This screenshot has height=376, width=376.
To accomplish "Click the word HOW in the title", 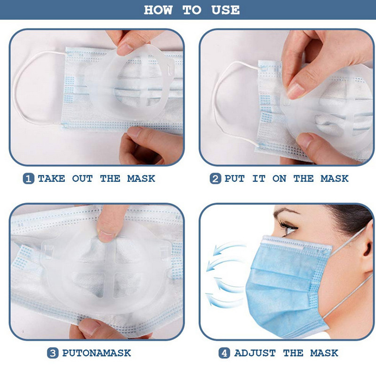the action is (x=158, y=10).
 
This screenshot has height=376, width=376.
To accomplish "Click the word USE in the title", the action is (x=226, y=10).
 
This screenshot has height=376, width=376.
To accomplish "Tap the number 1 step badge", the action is (x=29, y=179).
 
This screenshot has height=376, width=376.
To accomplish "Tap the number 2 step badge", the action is (x=215, y=179).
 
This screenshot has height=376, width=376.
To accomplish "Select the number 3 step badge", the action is (x=53, y=353).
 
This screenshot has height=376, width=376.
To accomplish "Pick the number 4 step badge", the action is (x=224, y=353).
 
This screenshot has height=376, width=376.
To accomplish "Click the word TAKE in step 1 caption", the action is (x=51, y=179).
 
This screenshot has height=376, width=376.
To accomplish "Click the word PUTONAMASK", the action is (x=96, y=353).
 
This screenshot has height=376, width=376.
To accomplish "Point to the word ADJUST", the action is (x=255, y=353).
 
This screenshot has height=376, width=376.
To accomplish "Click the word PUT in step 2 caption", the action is (x=235, y=179).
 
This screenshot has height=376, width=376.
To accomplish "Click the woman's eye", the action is (x=289, y=227).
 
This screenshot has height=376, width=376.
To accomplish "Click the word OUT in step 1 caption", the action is (x=82, y=179).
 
